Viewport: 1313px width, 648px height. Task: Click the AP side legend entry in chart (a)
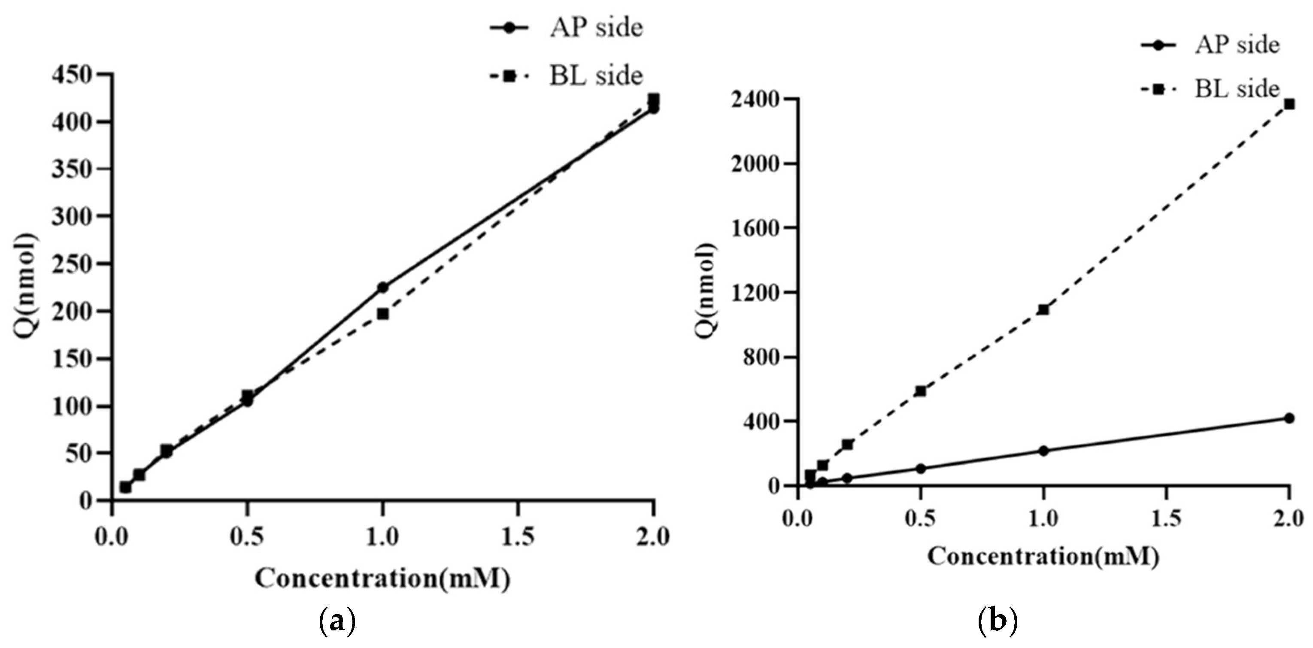[x=566, y=27]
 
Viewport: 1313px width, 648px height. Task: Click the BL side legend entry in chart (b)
[x=1209, y=89]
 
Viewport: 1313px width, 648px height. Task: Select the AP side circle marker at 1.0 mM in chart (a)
[x=383, y=288]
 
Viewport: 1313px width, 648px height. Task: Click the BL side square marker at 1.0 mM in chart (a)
[x=383, y=314]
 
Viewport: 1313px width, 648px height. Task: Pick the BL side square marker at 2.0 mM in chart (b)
[x=1289, y=104]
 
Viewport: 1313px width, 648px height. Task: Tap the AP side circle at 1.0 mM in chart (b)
[x=1043, y=451]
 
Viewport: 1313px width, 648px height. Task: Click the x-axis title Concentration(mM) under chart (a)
[x=382, y=579]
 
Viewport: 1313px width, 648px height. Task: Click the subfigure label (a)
[x=337, y=622]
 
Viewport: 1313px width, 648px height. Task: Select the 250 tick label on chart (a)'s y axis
[x=79, y=264]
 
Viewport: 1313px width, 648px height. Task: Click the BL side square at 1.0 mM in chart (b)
[x=1043, y=309]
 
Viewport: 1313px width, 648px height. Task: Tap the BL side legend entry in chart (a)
[x=566, y=76]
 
